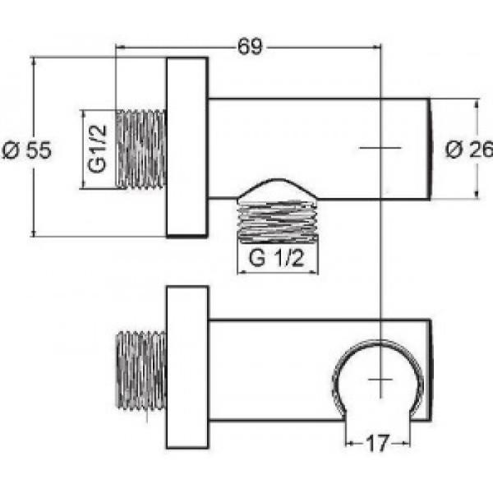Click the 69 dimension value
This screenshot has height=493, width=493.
coord(251,47)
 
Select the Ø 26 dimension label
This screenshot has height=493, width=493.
coord(468,149)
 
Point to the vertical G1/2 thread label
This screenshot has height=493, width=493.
coord(97,149)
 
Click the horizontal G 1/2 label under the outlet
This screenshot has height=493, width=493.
coord(278,260)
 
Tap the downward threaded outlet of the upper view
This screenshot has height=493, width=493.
coord(278,220)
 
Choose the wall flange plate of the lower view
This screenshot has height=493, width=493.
coord(187,366)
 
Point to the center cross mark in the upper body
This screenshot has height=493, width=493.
coord(380,148)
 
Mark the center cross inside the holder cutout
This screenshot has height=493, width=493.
coord(380,380)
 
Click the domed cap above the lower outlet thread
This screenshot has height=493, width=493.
coord(278,190)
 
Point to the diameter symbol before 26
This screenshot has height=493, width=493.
coord(453,149)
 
